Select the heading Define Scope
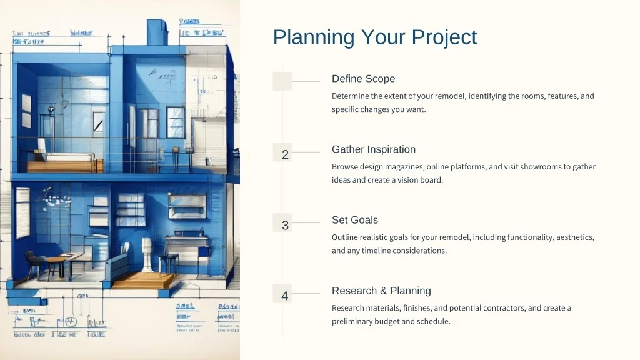(363, 79)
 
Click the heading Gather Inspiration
(374, 149)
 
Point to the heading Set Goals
(355, 220)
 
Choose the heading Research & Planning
(381, 291)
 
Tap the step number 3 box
(285, 226)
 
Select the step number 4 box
(285, 296)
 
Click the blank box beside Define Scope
(282, 81)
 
